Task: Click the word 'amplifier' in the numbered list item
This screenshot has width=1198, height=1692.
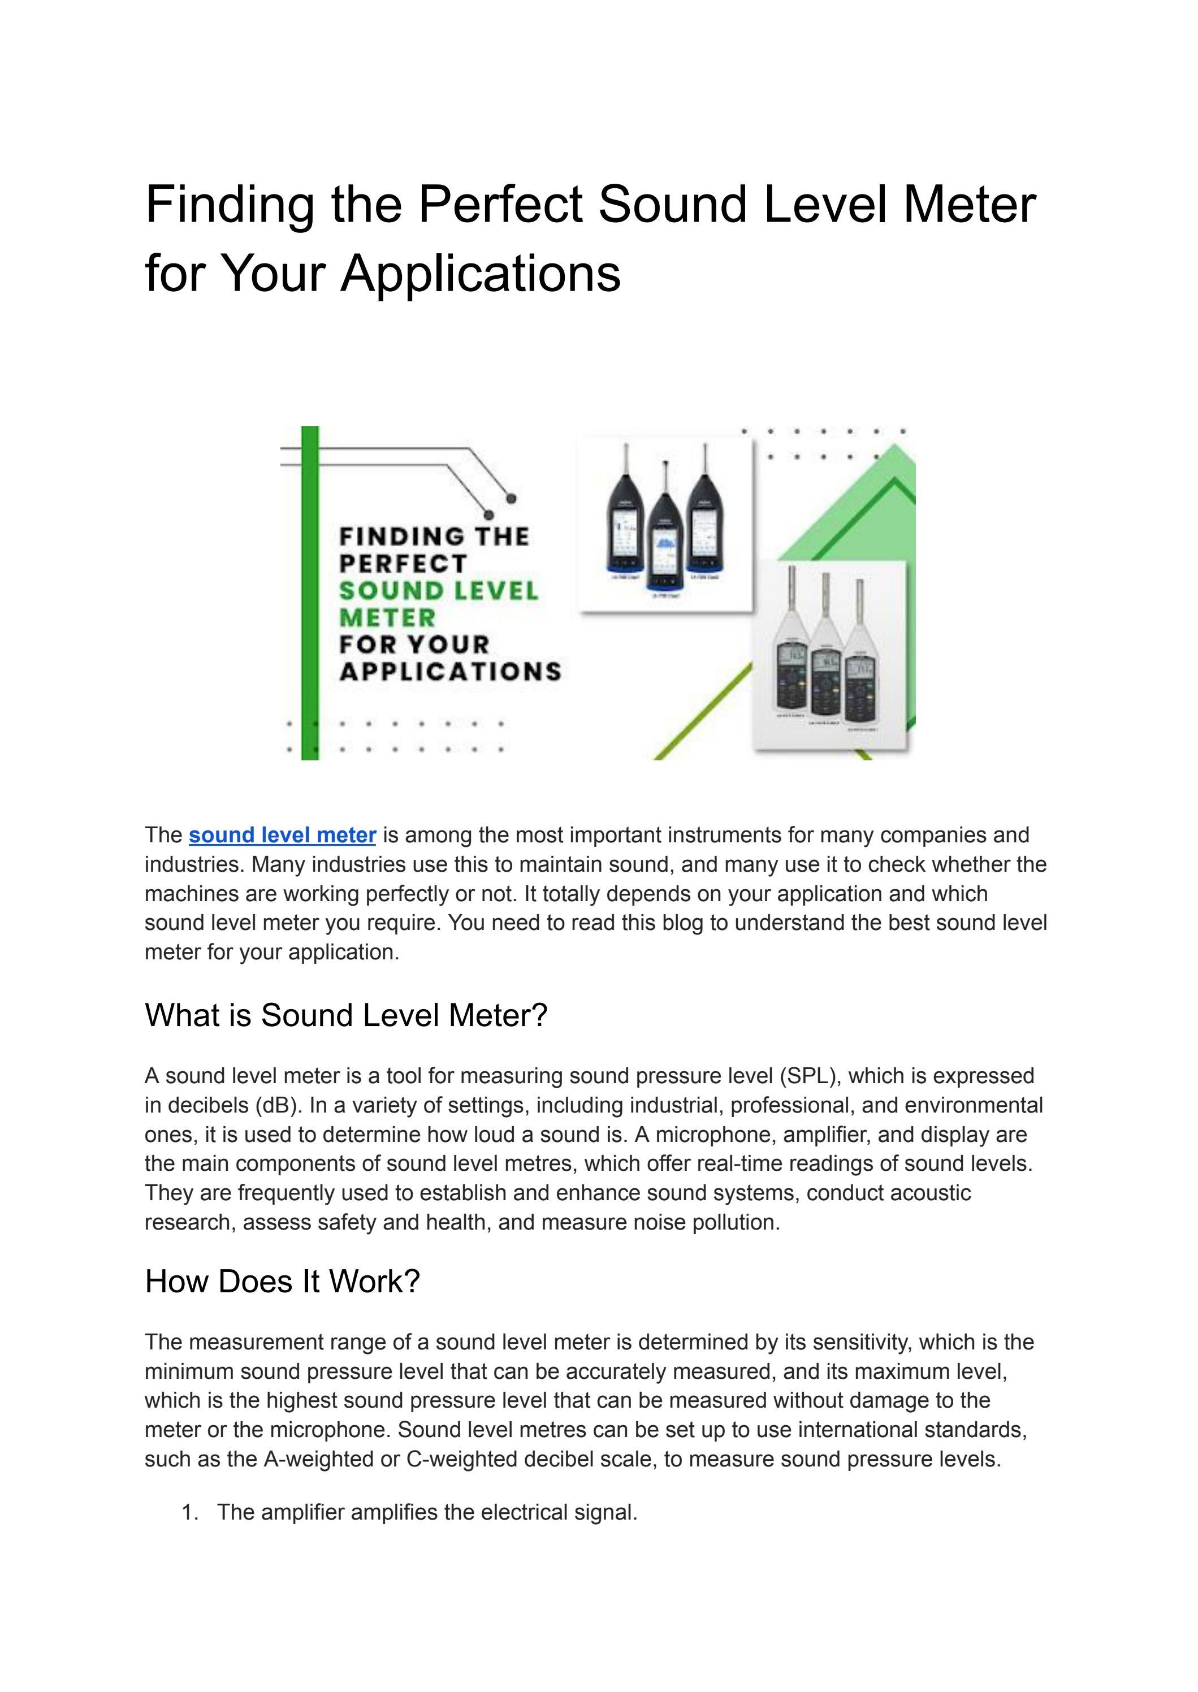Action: (302, 1512)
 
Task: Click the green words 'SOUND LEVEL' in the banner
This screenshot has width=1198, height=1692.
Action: (439, 591)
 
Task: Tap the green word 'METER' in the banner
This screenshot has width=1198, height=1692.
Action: (387, 617)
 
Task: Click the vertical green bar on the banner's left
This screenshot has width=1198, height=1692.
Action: (310, 590)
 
